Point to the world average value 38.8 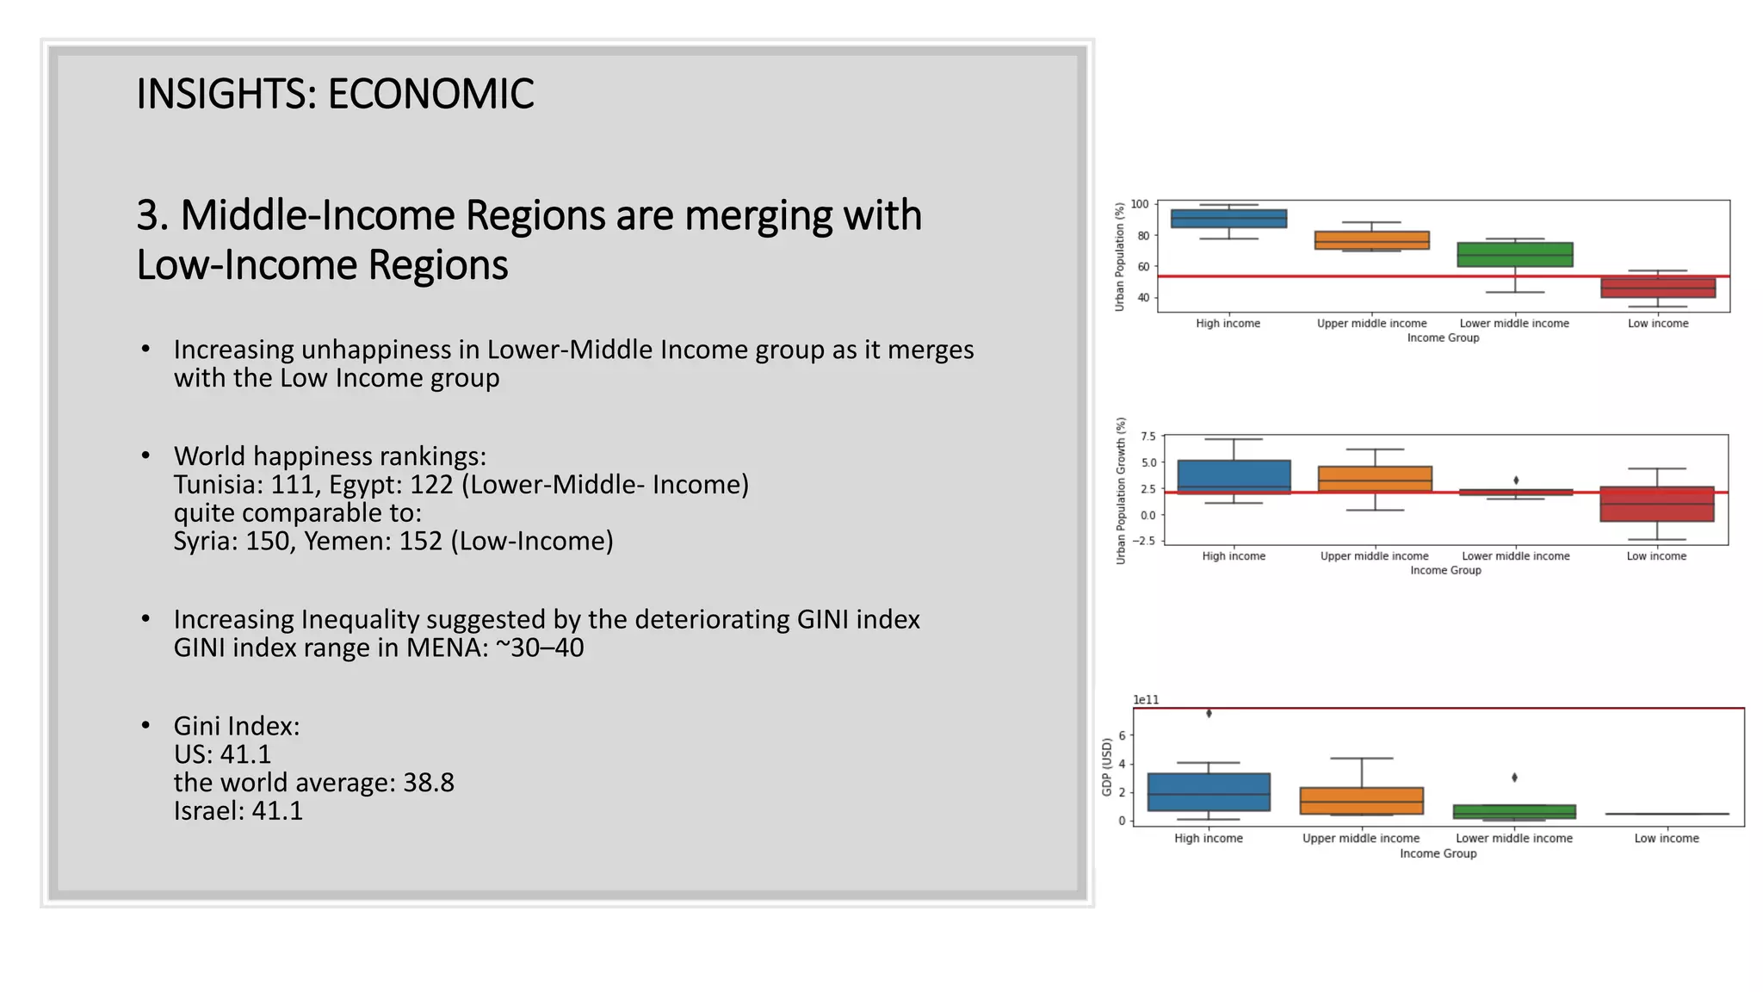tap(428, 783)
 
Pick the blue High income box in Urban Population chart tap(1228, 219)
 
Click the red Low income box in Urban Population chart tap(1657, 288)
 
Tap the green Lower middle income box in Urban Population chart tap(1514, 255)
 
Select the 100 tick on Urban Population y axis tap(1139, 204)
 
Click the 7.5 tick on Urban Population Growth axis tap(1147, 437)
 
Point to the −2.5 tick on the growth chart tap(1144, 541)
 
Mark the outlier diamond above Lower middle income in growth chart tap(1516, 480)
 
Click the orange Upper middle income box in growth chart tap(1375, 479)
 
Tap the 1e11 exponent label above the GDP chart tap(1146, 700)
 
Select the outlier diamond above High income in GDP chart tap(1209, 713)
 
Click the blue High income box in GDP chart tap(1209, 792)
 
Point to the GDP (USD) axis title tap(1107, 766)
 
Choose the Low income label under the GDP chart tap(1666, 839)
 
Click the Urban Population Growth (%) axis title tap(1121, 491)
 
